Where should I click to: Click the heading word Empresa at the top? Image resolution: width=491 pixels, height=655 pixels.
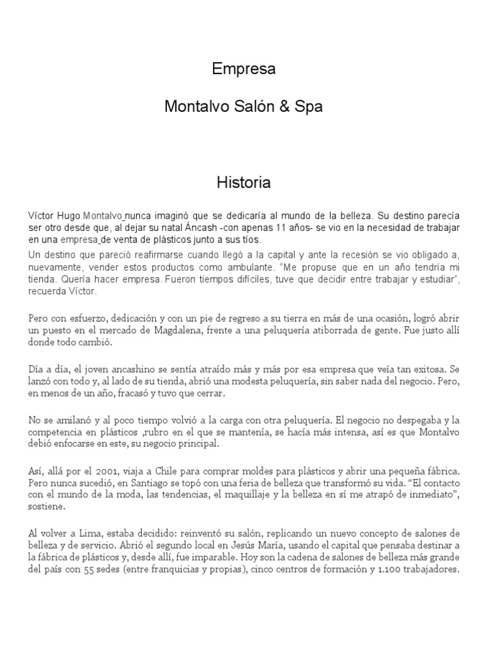pos(244,70)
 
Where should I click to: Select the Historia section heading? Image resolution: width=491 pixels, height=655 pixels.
pos(244,183)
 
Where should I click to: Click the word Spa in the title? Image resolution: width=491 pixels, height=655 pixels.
pos(309,107)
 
